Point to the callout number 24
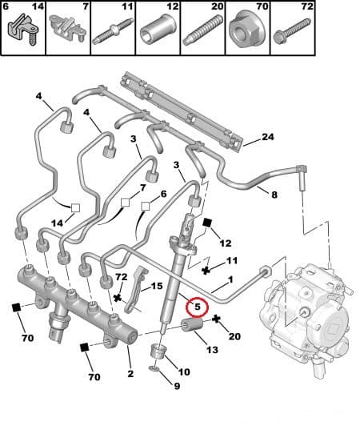pyautogui.click(x=268, y=137)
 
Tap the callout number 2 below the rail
pyautogui.click(x=130, y=374)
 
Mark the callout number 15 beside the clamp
pyautogui.click(x=157, y=286)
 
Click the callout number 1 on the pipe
pyautogui.click(x=230, y=279)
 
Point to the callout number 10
pyautogui.click(x=183, y=372)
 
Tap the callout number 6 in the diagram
pyautogui.click(x=163, y=194)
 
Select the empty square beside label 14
pyautogui.click(x=75, y=208)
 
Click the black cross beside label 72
pyautogui.click(x=118, y=298)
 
